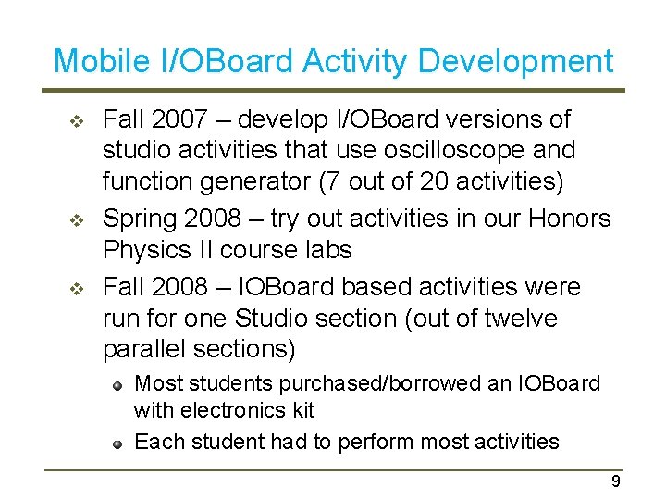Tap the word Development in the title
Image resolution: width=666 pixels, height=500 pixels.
(x=515, y=62)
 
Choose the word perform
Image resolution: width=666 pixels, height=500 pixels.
(x=380, y=441)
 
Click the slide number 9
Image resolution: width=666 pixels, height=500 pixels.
(x=616, y=481)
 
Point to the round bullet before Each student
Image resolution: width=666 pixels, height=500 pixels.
(x=118, y=443)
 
